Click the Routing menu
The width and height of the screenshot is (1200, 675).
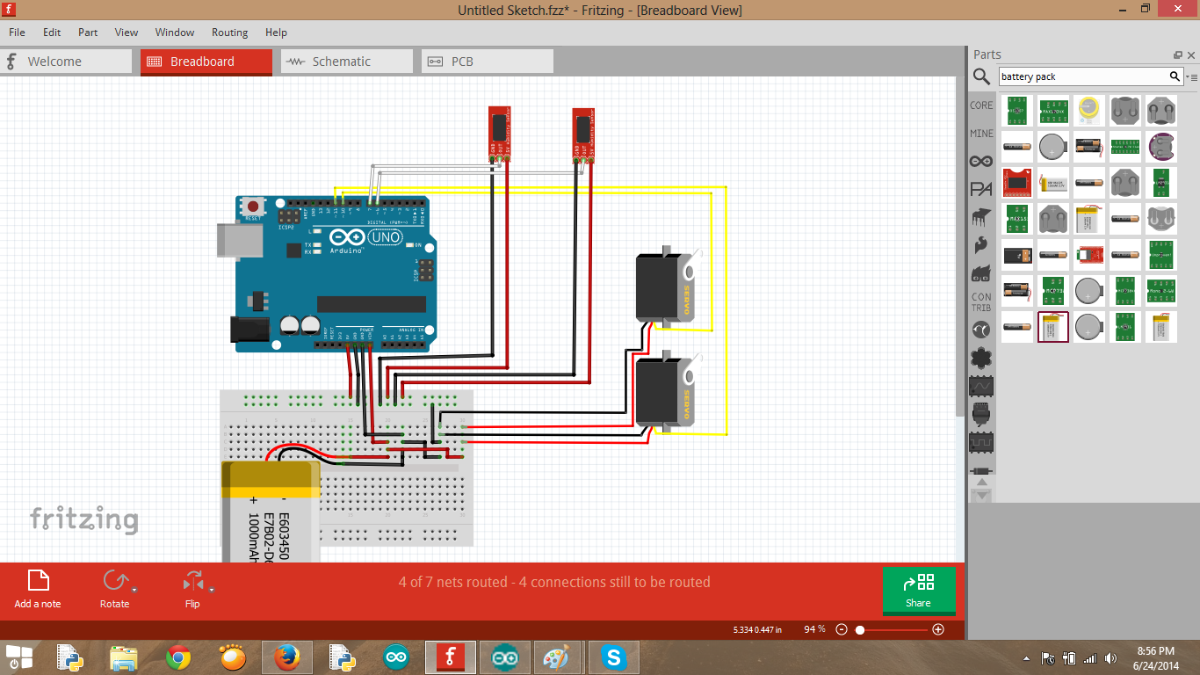229,33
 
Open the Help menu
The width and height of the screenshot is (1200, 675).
276,33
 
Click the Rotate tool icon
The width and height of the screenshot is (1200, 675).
113,582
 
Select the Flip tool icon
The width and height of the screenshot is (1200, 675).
192,582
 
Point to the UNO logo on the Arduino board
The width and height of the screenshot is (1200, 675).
386,237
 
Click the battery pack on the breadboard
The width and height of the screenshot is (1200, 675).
270,514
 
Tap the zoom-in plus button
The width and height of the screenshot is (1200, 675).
938,629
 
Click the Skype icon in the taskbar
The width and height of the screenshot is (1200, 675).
613,657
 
